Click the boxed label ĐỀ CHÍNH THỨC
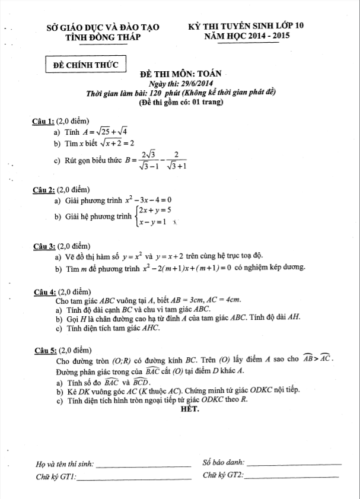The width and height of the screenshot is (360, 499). pyautogui.click(x=86, y=63)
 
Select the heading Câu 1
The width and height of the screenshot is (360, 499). pyautogui.click(x=44, y=122)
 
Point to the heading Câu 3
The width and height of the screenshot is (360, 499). pyautogui.click(x=44, y=245)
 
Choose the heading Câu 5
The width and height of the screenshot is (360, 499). pyautogui.click(x=44, y=349)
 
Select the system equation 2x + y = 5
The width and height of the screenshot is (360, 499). pyautogui.click(x=155, y=211)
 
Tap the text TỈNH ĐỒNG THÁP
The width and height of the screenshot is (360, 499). pyautogui.click(x=103, y=37)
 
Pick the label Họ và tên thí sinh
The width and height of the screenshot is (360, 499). pyautogui.click(x=65, y=463)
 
